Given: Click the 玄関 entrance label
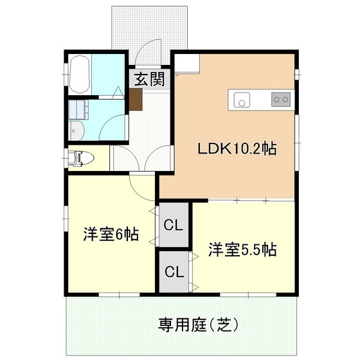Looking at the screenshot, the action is pyautogui.click(x=149, y=79).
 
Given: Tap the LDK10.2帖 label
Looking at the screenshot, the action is pyautogui.click(x=237, y=148).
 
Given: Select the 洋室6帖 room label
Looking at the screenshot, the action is pyautogui.click(x=111, y=234).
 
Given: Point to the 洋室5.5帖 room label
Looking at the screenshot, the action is pyautogui.click(x=242, y=249).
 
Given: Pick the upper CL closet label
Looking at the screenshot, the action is pyautogui.click(x=174, y=225).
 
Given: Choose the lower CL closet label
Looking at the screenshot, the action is pyautogui.click(x=174, y=271).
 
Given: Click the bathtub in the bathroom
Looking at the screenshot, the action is pyautogui.click(x=80, y=75).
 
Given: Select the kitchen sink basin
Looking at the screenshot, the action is pyautogui.click(x=242, y=100).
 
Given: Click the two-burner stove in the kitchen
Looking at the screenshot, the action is pyautogui.click(x=281, y=100).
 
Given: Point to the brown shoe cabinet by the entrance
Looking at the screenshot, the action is pyautogui.click(x=136, y=99).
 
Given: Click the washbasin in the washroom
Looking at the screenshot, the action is pyautogui.click(x=76, y=131).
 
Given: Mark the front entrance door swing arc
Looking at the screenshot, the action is pyautogui.click(x=141, y=46).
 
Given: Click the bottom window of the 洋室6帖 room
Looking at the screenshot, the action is pyautogui.click(x=120, y=295).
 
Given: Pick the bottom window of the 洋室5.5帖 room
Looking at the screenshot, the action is pyautogui.click(x=248, y=295).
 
